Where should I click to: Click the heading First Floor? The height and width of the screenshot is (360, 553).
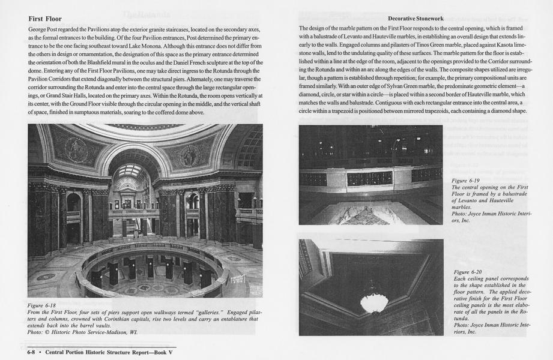(x=45, y=19)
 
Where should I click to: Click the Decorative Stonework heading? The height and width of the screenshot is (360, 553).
(x=416, y=19)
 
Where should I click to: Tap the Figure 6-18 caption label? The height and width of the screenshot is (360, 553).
(x=43, y=305)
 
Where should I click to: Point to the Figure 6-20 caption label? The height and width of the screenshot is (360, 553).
(x=468, y=272)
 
